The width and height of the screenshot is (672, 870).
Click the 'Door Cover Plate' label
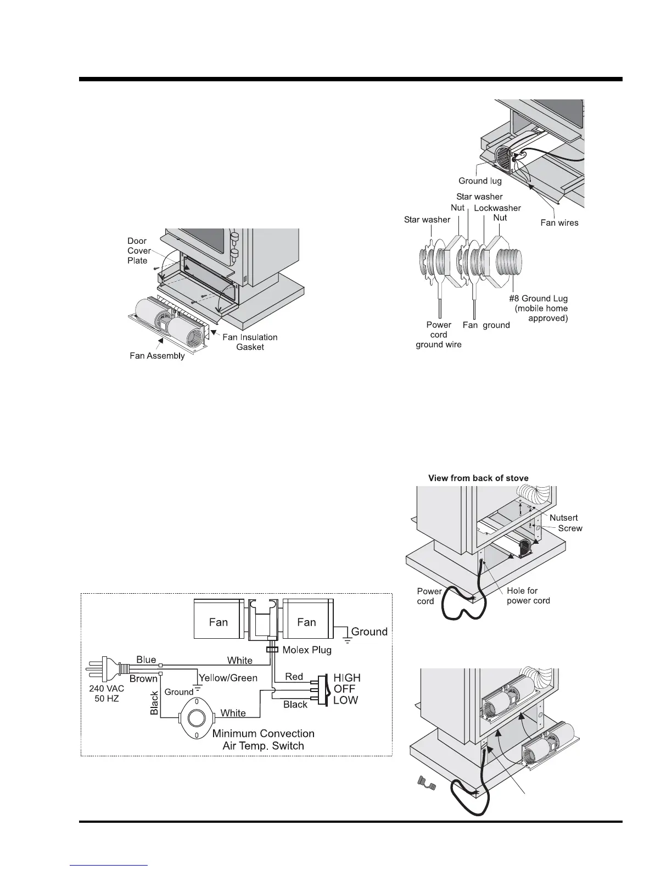click(x=139, y=250)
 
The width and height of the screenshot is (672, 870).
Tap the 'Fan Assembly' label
click(x=157, y=356)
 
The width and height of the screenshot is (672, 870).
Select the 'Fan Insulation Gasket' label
click(x=250, y=342)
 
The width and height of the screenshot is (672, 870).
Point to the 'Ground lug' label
click(x=480, y=181)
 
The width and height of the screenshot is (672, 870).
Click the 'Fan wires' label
click(x=559, y=222)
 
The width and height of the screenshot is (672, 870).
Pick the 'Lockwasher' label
click(x=497, y=208)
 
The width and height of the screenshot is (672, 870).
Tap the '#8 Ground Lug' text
click(x=538, y=298)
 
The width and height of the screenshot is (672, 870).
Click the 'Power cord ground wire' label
click(x=439, y=334)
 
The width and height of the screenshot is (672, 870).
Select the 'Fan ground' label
click(x=486, y=325)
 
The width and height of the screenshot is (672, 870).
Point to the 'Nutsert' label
click(x=564, y=517)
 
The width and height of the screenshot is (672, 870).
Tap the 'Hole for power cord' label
click(x=528, y=595)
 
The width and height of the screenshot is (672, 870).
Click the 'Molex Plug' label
click(x=307, y=650)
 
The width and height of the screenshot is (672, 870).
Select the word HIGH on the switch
click(x=347, y=678)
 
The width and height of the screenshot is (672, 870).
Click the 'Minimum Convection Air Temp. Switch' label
click(x=263, y=739)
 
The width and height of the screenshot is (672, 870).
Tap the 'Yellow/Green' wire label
click(x=228, y=678)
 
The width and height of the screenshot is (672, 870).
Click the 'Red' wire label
click(x=294, y=676)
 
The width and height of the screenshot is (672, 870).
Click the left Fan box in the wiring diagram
click(x=219, y=622)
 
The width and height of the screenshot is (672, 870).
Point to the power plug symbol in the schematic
click(x=108, y=670)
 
